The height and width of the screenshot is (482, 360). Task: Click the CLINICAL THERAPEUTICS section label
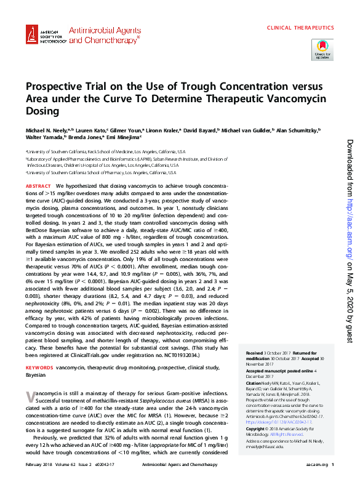300,28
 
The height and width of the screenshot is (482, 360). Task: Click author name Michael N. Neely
48,131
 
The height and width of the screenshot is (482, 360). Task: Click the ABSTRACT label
38,185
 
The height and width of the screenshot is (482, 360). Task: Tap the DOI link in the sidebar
278,422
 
